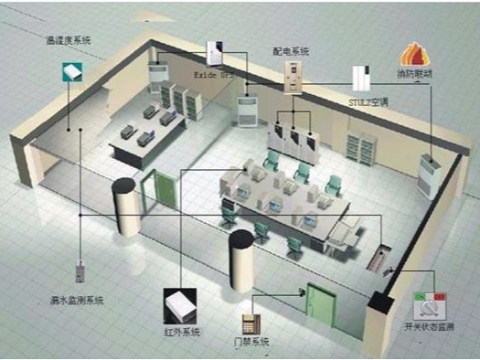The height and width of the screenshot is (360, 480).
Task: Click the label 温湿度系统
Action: coord(69,41)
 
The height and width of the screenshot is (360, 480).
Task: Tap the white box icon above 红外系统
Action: coord(178,302)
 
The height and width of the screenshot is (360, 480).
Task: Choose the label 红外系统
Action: coord(183,330)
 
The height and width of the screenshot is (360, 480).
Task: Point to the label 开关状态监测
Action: coord(429,326)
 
